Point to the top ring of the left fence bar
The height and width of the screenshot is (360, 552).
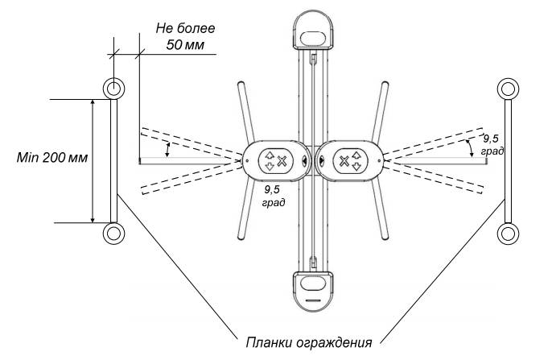pos(113,86)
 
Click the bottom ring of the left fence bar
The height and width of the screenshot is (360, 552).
pos(113,234)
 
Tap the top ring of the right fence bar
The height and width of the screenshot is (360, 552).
pos(508,86)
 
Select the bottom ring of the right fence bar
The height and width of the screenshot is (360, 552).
pos(508,234)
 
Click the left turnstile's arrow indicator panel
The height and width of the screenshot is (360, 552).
pos(274,160)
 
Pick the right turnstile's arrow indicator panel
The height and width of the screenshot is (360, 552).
pos(349,160)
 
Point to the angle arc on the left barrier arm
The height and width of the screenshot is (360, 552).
pos(167,150)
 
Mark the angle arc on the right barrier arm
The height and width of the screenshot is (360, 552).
pos(471,146)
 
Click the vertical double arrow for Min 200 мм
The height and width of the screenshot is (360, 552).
pos(93,160)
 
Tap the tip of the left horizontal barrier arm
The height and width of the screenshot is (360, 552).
pos(141,161)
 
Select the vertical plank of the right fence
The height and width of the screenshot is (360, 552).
pos(508,159)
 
